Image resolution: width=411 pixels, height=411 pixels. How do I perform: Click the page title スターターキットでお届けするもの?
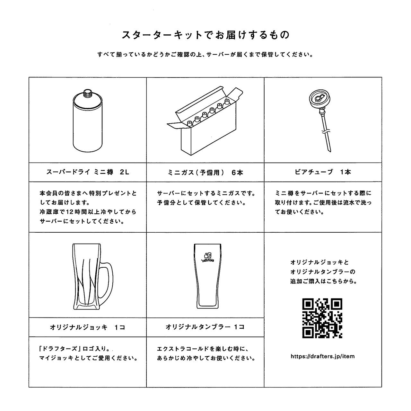205,35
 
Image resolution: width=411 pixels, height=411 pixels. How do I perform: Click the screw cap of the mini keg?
87,93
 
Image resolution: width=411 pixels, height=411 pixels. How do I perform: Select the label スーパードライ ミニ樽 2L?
88,172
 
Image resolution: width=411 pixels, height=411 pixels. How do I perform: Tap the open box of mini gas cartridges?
205,125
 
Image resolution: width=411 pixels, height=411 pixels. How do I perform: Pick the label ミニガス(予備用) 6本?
205,173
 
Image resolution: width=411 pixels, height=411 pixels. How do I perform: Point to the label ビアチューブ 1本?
323,172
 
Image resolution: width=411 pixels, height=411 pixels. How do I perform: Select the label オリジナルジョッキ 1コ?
87,327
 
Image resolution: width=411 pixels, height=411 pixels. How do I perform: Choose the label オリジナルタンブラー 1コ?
205,327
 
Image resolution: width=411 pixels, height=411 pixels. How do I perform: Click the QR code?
322,318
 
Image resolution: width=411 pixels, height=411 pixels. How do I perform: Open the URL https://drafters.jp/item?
322,356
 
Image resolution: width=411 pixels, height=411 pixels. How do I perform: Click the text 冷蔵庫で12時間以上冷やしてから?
88,212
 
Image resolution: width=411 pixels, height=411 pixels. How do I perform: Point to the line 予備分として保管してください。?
202,203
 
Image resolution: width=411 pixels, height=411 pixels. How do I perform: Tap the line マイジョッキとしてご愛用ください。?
88,358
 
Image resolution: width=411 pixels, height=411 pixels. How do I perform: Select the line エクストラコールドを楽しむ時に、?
203,349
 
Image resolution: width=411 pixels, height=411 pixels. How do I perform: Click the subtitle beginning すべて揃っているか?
205,54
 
